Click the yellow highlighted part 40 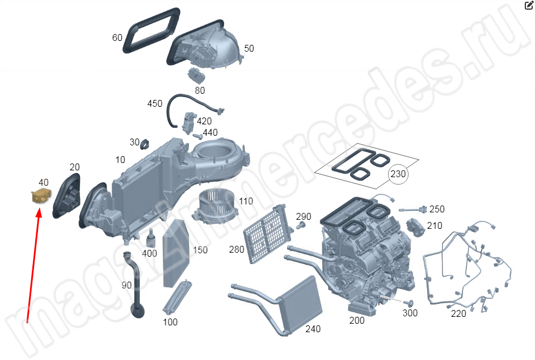click(x=41, y=196)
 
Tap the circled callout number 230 click(x=398, y=174)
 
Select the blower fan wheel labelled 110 click(x=214, y=207)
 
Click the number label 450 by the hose click(x=154, y=103)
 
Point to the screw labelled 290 click(x=300, y=225)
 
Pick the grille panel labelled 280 click(x=267, y=233)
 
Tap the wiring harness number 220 click(x=458, y=313)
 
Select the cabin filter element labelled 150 click(x=176, y=253)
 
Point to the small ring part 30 click(x=145, y=144)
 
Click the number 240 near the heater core click(x=313, y=329)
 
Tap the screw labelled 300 click(x=408, y=303)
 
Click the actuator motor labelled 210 click(x=416, y=227)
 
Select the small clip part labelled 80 click(x=196, y=76)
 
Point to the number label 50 click(x=249, y=48)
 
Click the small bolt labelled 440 click(x=197, y=136)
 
